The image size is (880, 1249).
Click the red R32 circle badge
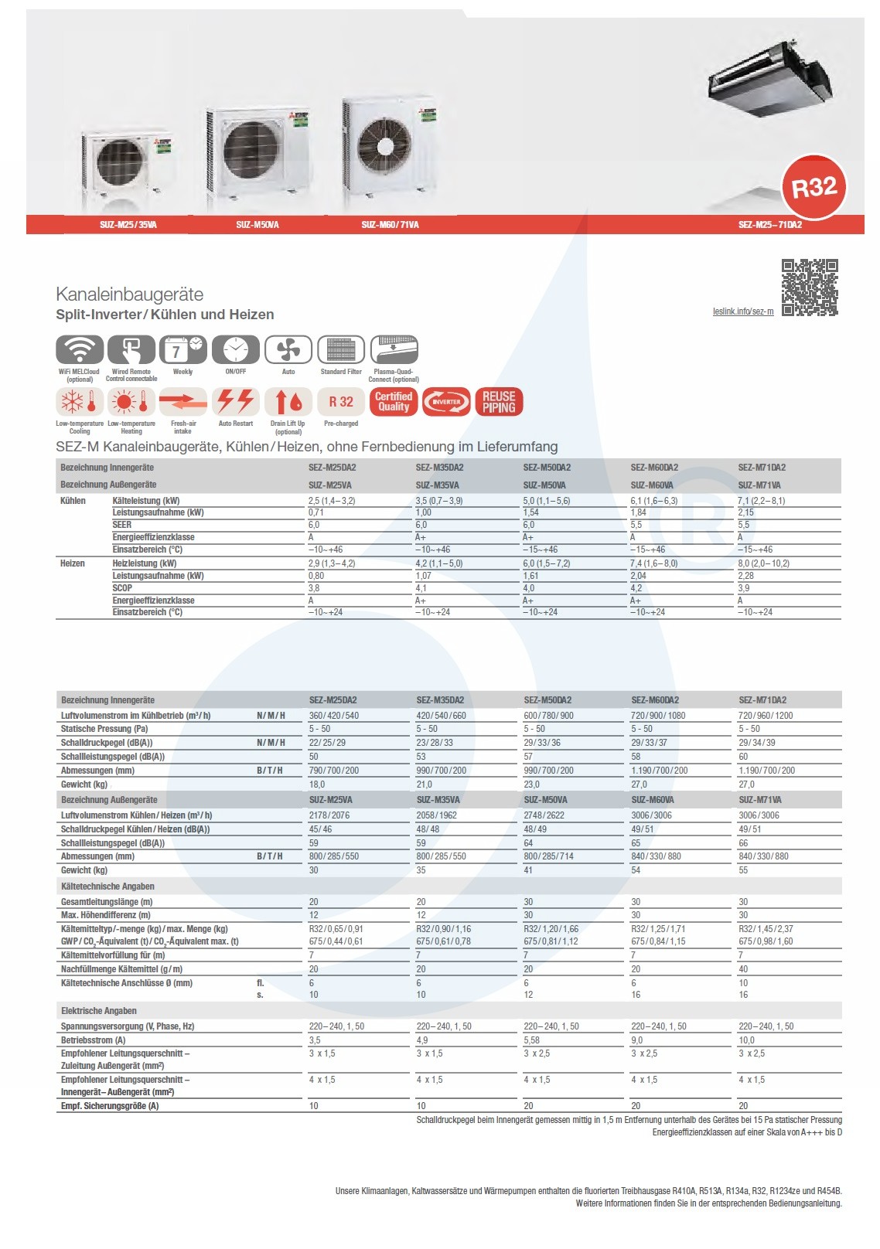point(814,187)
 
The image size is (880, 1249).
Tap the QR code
point(810,288)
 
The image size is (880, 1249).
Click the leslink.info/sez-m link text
point(742,311)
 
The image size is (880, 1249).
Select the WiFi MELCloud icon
point(80,350)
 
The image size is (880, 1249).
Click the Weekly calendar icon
point(183,350)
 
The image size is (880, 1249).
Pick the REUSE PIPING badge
point(499,402)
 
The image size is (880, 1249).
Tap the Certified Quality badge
point(394,402)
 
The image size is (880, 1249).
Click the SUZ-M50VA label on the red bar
point(258,225)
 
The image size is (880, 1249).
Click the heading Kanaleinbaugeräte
point(129,294)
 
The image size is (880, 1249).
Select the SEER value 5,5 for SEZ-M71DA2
point(744,525)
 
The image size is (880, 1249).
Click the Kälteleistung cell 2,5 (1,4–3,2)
point(332,501)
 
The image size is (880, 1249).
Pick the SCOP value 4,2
point(636,588)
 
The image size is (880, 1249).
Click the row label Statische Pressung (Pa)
point(104,729)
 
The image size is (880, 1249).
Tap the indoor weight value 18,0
point(317,784)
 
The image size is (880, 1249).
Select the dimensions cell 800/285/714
point(549,856)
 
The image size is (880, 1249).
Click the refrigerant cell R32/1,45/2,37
point(766,929)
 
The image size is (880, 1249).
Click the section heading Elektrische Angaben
point(99,1011)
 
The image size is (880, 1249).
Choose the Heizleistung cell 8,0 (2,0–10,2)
point(764,563)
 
